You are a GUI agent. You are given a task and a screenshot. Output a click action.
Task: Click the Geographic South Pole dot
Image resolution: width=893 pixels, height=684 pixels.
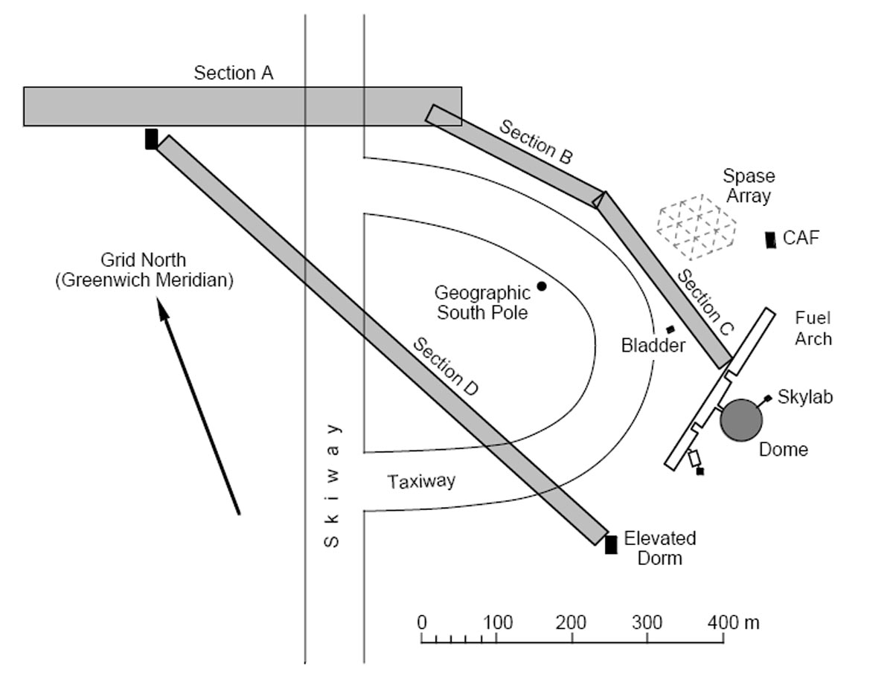click(x=542, y=286)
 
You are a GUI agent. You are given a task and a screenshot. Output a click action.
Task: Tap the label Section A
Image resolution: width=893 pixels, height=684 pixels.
click(x=234, y=73)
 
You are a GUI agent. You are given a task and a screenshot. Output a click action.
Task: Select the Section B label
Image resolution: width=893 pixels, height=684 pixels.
click(x=536, y=142)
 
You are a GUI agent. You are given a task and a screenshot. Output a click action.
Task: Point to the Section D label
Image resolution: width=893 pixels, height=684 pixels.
click(x=446, y=367)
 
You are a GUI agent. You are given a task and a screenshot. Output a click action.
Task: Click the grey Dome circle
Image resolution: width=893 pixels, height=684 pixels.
click(x=741, y=420)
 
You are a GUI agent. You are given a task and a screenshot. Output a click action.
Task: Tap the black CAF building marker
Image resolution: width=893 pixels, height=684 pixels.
click(x=770, y=239)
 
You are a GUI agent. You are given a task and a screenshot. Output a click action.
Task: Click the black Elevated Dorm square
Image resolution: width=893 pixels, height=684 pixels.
click(x=611, y=544)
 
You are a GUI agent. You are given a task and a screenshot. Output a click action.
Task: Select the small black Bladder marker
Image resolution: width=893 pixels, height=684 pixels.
click(x=670, y=329)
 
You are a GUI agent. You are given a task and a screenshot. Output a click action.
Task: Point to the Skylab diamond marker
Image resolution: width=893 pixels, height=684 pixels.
click(x=767, y=398)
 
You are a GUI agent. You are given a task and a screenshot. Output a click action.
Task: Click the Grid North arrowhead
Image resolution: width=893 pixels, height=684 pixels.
click(x=163, y=309)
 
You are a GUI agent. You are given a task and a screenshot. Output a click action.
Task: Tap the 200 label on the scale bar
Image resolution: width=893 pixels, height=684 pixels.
click(x=571, y=623)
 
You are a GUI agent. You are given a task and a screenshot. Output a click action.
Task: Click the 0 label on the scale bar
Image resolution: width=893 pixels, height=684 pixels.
click(x=422, y=623)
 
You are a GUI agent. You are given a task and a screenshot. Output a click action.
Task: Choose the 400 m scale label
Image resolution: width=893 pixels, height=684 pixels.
click(x=734, y=623)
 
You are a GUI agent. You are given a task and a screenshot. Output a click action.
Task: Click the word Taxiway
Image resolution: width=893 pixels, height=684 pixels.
click(x=422, y=482)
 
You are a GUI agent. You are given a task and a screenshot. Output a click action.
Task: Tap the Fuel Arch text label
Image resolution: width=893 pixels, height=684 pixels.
click(x=813, y=329)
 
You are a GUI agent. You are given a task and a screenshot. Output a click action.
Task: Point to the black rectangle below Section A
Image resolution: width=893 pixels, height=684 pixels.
click(x=151, y=139)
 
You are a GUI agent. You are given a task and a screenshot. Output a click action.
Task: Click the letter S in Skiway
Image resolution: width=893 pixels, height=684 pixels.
click(x=331, y=541)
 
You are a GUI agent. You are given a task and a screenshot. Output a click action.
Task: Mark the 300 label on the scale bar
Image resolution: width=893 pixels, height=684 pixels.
click(x=647, y=623)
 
